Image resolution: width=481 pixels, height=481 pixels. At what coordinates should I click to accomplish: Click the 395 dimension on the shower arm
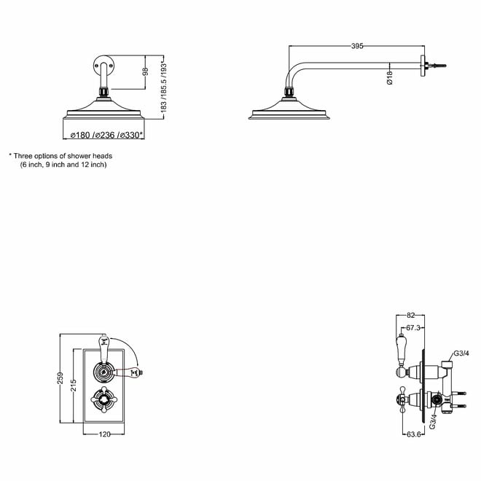(x=357, y=46)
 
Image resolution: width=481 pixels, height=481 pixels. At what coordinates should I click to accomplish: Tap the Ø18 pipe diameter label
(x=390, y=77)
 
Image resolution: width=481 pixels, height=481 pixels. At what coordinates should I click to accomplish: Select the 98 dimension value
(x=146, y=71)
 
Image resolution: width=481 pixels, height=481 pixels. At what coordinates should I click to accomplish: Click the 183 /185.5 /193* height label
(x=163, y=87)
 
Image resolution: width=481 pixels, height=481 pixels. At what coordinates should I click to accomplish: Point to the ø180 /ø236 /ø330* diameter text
(x=106, y=135)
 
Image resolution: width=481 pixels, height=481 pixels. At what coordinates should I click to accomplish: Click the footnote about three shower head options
(x=60, y=160)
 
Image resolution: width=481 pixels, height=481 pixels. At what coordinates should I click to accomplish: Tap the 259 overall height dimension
(x=60, y=378)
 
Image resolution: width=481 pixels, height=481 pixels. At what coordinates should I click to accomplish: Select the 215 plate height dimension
(x=74, y=386)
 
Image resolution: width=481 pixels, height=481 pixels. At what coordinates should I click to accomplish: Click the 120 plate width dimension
(x=105, y=434)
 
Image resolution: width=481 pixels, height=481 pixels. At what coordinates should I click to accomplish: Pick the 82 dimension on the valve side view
(x=410, y=315)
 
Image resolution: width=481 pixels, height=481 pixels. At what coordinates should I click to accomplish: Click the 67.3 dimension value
(x=413, y=328)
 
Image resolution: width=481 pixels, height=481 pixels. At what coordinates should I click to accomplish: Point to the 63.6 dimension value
(x=414, y=434)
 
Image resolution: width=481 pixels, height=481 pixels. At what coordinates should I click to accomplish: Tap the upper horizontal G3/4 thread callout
(x=461, y=353)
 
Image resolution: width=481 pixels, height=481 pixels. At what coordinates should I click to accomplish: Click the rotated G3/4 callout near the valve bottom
(x=432, y=421)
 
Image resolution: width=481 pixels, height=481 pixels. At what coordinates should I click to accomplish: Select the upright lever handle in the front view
(x=103, y=348)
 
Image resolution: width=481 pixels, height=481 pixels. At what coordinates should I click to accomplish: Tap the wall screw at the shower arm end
(x=436, y=66)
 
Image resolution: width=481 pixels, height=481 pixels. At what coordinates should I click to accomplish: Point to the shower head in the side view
(x=289, y=107)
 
